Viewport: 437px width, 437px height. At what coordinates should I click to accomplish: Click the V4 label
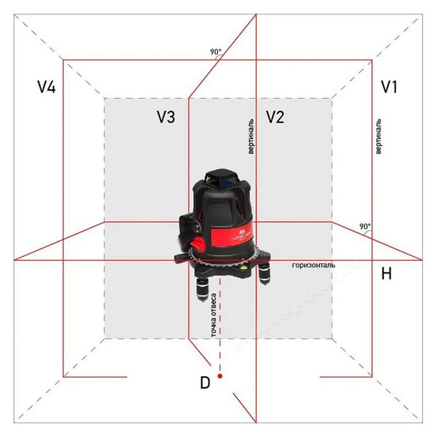click(47, 87)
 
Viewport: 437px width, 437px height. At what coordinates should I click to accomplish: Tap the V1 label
click(390, 87)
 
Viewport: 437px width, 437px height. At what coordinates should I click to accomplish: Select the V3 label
click(166, 117)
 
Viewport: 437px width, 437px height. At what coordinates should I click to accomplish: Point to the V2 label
click(275, 117)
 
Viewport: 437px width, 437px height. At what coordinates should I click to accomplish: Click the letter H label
click(386, 273)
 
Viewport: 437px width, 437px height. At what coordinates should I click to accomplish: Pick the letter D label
click(205, 382)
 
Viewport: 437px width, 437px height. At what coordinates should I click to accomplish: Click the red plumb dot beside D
click(220, 376)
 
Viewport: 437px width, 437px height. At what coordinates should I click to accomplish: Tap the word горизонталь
click(314, 265)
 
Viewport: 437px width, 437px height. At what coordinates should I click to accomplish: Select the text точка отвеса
click(214, 315)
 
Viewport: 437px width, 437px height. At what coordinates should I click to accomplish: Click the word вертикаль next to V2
click(251, 137)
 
